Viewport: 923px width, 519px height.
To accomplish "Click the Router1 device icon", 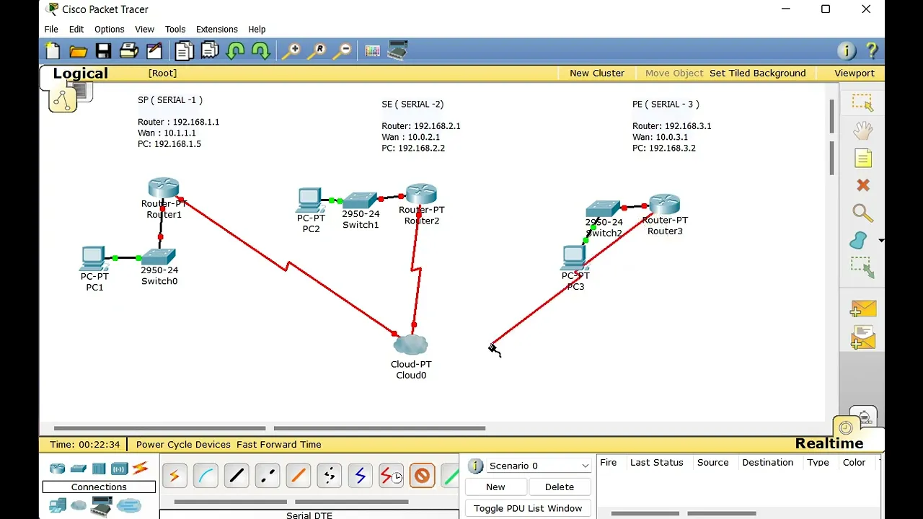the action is pos(164,188).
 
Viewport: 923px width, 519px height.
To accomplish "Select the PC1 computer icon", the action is pos(94,257).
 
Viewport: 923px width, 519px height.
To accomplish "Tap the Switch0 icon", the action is pos(159,257).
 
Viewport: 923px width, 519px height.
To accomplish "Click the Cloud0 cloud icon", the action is pos(411,345).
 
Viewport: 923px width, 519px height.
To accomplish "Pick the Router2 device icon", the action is pos(421,194).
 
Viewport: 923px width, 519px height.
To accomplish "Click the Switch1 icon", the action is pos(360,200).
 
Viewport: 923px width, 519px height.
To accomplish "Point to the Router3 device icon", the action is pos(664,204).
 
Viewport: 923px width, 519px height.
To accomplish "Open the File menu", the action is pos(51,30).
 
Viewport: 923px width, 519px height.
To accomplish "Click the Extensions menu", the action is pos(216,30).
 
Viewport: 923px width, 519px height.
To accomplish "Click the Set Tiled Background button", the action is pos(757,73).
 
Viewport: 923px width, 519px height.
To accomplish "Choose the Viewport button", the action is pos(854,73).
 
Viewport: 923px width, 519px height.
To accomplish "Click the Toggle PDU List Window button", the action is pos(528,508).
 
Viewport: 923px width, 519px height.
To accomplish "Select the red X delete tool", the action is pos(862,185).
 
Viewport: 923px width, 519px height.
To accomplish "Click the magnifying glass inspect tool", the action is pos(862,213).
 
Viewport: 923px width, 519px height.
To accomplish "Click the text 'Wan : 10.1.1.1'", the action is pos(167,133).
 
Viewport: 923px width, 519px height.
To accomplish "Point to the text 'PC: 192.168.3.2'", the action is pos(663,148).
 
